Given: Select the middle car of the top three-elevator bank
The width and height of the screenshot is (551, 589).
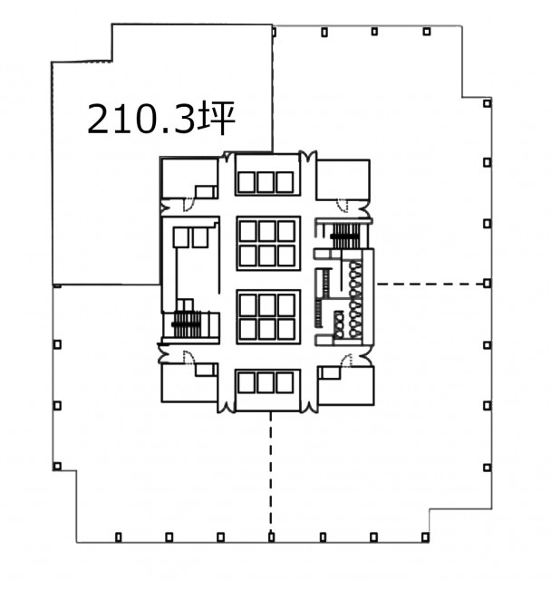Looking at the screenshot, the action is coord(266,182).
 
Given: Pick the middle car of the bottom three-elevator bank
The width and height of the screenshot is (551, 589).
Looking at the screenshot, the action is coord(266,382).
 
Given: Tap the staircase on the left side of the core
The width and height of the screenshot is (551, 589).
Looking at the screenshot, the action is coord(187,323).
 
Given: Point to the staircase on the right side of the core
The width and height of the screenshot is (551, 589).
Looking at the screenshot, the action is coord(345,236).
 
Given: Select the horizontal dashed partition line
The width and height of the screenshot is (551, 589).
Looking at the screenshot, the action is coord(430,284).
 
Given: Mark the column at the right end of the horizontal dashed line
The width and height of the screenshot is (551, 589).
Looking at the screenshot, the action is coord(488,284).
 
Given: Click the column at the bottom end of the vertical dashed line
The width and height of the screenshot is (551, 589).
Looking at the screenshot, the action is coord(272,537).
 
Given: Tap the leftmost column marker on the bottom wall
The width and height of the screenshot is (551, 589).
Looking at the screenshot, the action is coord(119,537).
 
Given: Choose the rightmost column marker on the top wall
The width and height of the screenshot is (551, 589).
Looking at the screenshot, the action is coord(426,32).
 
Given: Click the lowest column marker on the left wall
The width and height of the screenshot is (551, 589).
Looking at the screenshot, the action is coord(57,467).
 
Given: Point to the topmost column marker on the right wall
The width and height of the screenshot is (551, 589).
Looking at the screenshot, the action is coord(488,103).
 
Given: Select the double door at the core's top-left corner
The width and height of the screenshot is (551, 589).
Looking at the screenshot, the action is coord(228,157).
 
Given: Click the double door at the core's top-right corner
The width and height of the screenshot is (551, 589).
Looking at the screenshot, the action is coord(308,157).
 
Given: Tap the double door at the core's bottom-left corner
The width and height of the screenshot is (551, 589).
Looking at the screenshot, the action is coord(227,407).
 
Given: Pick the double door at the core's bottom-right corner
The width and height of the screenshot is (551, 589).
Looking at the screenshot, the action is coord(310,407).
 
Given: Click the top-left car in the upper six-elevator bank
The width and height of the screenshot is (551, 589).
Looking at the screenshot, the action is coord(248,231).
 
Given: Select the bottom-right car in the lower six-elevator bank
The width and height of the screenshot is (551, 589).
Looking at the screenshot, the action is coord(286,329).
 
